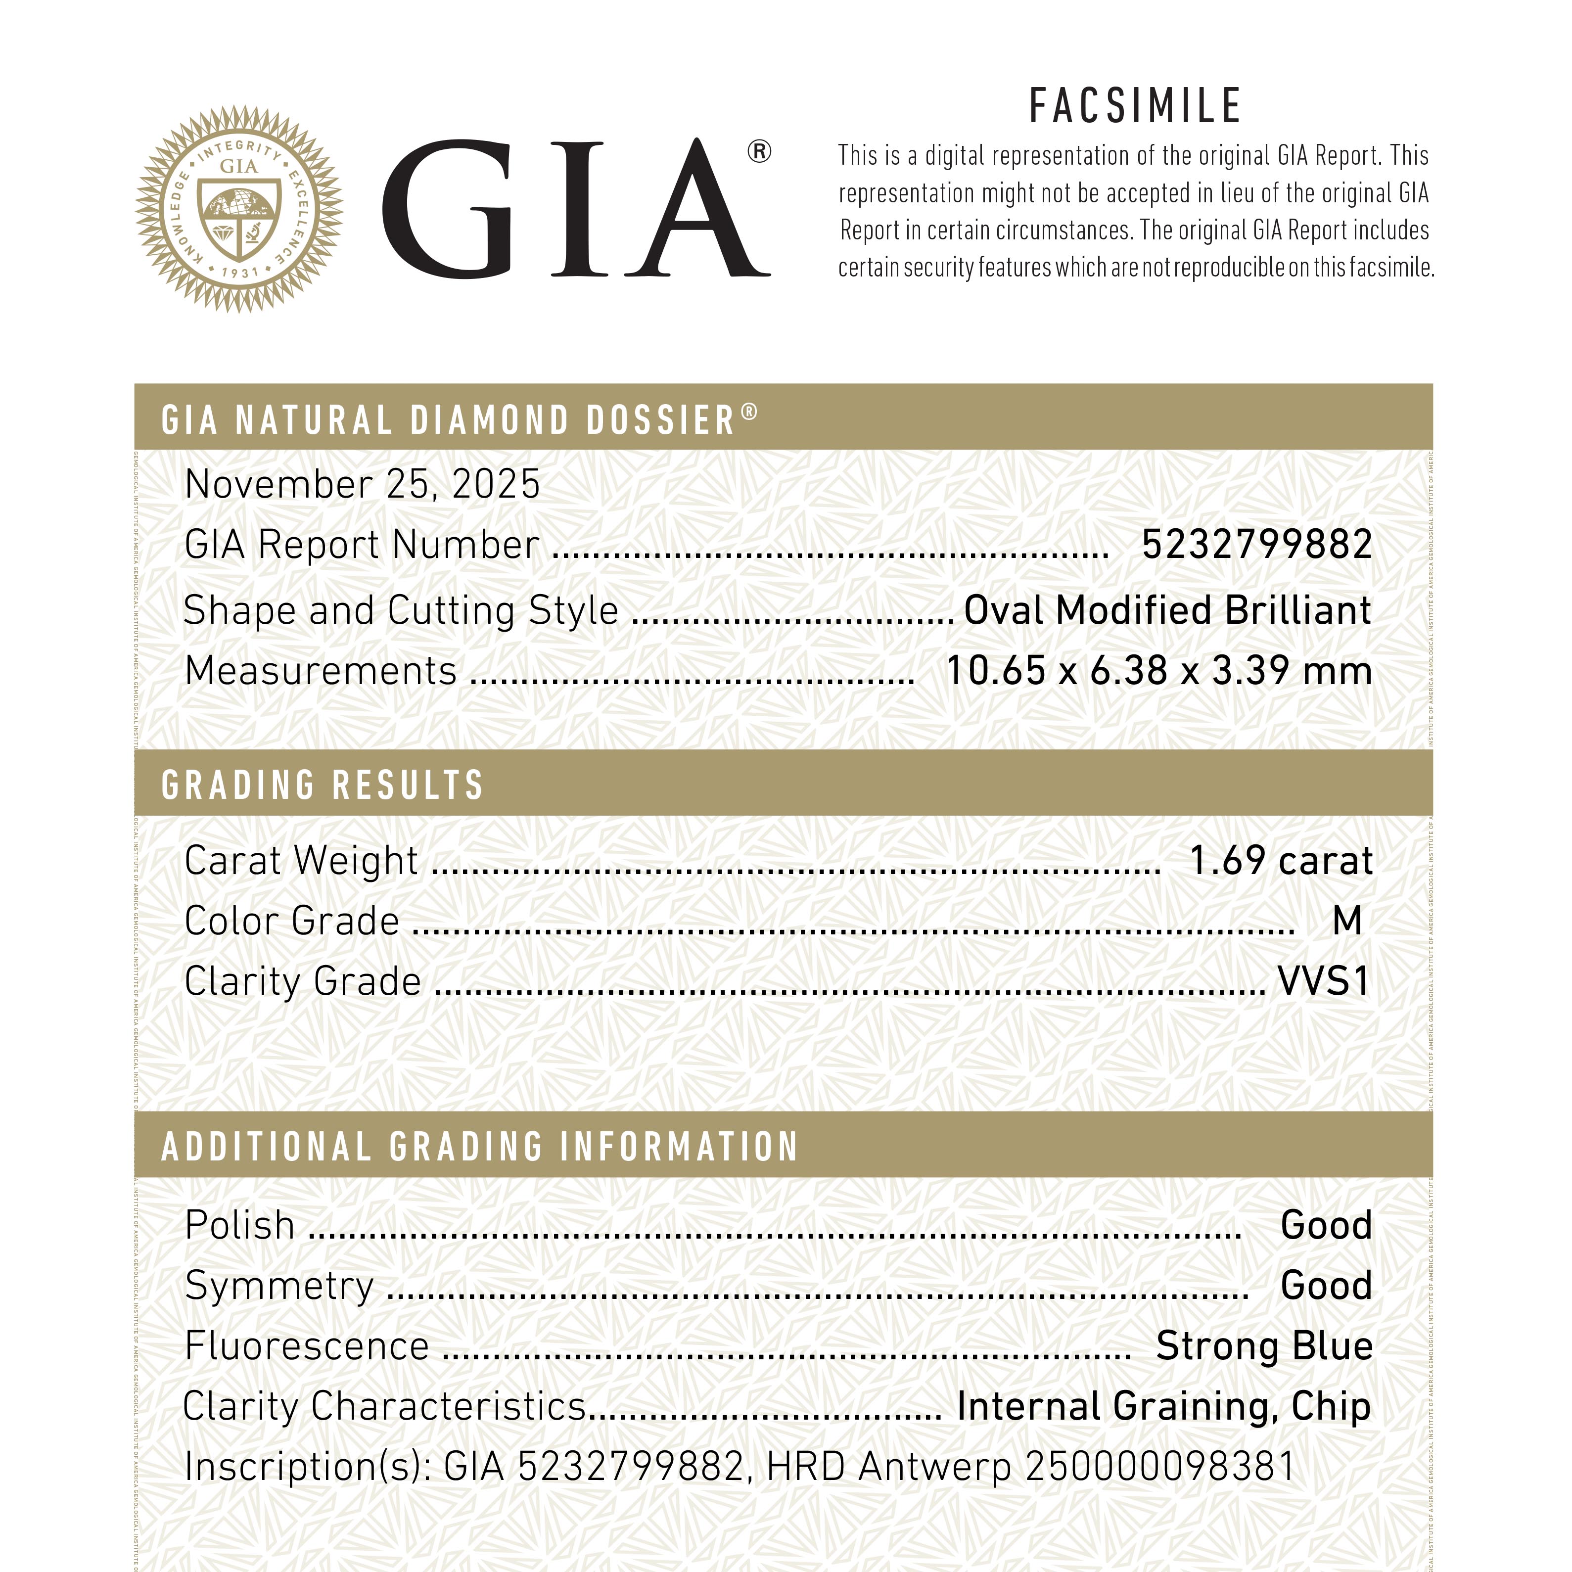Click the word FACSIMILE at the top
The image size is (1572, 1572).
[x=1135, y=106]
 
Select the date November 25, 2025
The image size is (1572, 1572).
[x=362, y=485]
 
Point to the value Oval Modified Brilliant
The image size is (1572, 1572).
[x=1167, y=610]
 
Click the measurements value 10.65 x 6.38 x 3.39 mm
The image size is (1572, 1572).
[x=1158, y=671]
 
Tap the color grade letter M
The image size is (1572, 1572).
[x=1346, y=921]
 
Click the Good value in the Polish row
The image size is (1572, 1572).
[x=1326, y=1225]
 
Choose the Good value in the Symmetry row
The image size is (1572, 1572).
[x=1326, y=1286]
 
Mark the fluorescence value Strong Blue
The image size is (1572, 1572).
[x=1264, y=1346]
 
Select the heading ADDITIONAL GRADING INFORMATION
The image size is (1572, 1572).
[x=480, y=1147]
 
